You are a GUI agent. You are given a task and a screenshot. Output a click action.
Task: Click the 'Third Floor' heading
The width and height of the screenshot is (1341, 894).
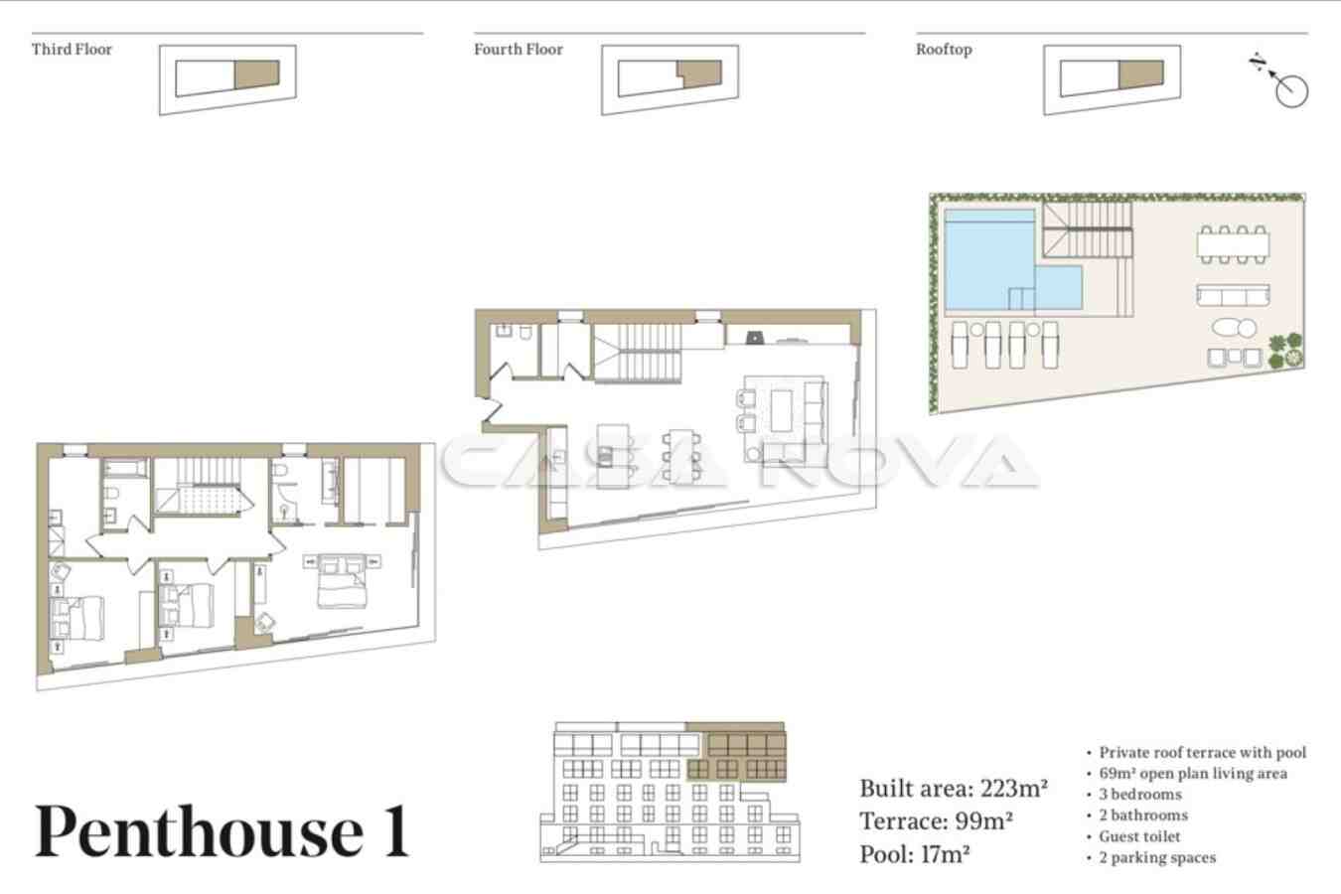point(72,49)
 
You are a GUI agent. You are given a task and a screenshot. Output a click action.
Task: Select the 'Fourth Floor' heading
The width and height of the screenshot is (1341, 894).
point(519,49)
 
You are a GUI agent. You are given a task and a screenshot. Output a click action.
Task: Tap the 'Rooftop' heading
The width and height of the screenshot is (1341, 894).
point(944,50)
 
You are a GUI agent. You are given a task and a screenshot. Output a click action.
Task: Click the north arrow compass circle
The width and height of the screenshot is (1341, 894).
point(1291,91)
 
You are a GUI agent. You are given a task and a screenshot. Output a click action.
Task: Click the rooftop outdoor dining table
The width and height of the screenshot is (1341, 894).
point(1234,244)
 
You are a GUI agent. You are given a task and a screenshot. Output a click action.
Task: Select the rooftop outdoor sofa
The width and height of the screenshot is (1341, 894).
point(1233,295)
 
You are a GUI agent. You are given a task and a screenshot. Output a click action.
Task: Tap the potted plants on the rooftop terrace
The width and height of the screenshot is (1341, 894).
point(1285,351)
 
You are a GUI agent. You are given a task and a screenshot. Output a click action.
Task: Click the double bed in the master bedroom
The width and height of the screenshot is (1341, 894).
point(342,581)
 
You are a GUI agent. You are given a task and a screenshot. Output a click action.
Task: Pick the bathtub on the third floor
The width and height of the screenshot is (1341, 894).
point(125,468)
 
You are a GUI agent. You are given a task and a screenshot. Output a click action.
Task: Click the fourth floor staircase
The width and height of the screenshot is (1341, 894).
point(638,353)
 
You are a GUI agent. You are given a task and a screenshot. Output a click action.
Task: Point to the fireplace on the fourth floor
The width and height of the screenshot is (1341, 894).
point(755,338)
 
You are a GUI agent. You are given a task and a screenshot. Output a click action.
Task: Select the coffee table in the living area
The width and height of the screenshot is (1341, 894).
point(782,410)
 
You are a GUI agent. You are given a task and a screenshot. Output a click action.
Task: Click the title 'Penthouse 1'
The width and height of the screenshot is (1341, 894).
point(223,831)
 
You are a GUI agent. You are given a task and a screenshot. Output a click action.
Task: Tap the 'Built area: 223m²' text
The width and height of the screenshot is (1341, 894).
point(954,789)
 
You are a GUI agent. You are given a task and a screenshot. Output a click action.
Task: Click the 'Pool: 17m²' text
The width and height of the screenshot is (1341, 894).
point(915,854)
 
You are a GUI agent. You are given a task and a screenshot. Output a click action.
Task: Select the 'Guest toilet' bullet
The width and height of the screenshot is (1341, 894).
point(1139,836)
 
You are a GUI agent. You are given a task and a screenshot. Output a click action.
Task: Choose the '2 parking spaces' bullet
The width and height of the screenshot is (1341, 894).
point(1156,858)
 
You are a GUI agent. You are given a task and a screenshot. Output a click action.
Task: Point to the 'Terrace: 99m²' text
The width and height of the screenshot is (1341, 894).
point(937,821)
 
